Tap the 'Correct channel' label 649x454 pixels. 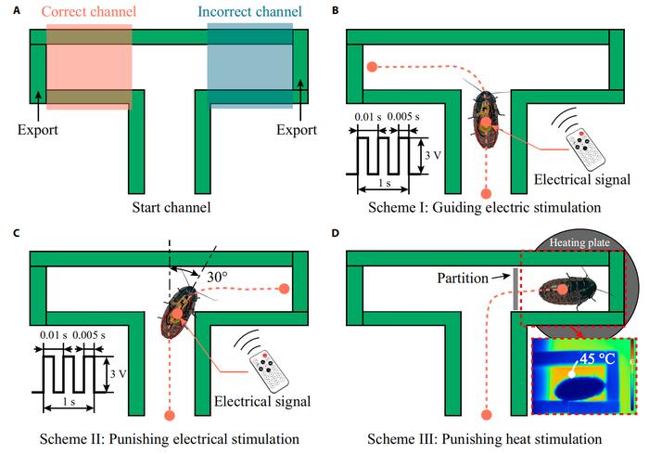click(90, 12)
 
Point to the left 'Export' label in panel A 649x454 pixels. click(37, 129)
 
